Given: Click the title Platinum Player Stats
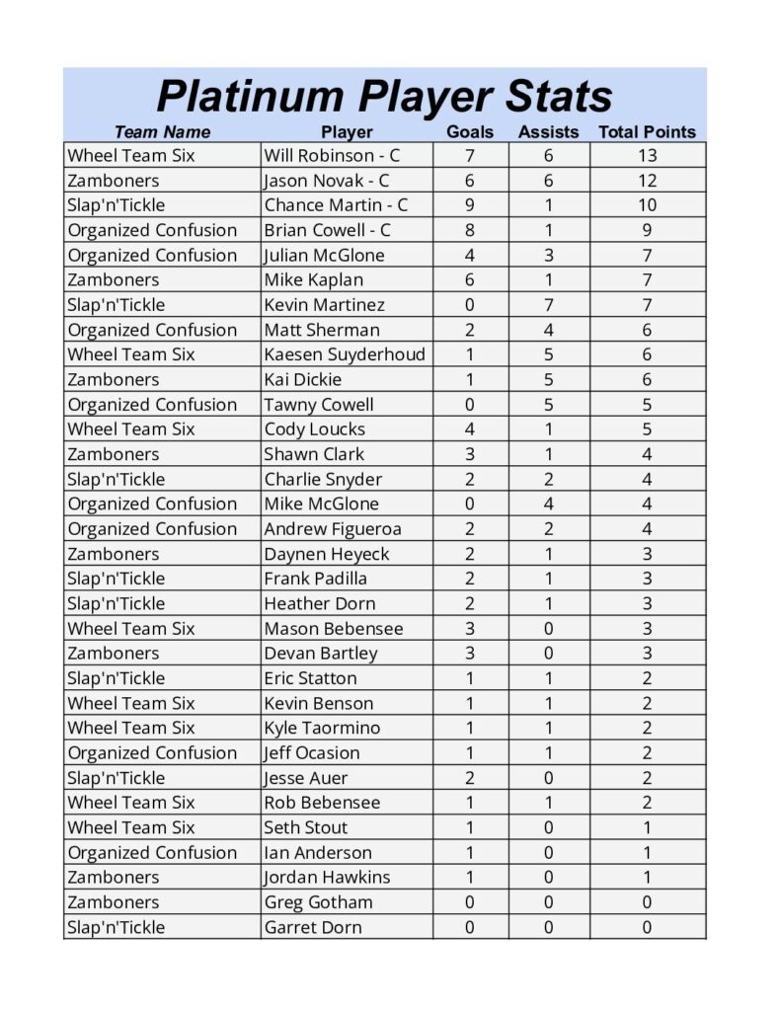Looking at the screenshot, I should [384, 97].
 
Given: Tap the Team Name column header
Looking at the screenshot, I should [162, 131].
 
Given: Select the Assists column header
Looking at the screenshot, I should [548, 131].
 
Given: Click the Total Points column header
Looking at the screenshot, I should [647, 131].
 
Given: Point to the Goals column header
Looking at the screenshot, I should [470, 131].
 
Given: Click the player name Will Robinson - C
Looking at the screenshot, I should [332, 155].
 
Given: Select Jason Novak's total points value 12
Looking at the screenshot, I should [648, 181].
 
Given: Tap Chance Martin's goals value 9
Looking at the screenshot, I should [470, 205].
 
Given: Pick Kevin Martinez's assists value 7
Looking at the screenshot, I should [548, 305].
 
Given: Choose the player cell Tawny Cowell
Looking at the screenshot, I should [318, 404].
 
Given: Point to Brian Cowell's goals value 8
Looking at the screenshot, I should [470, 230].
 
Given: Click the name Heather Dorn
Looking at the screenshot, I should [319, 603].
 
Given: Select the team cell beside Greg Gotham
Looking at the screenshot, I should [113, 901].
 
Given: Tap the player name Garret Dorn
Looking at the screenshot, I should [312, 927].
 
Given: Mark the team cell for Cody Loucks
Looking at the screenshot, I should [130, 428].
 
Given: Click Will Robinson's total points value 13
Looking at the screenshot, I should [648, 155].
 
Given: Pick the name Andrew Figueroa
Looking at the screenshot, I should [332, 528].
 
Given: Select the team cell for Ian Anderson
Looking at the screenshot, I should [152, 852].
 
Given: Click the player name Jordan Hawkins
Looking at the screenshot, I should [326, 877].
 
